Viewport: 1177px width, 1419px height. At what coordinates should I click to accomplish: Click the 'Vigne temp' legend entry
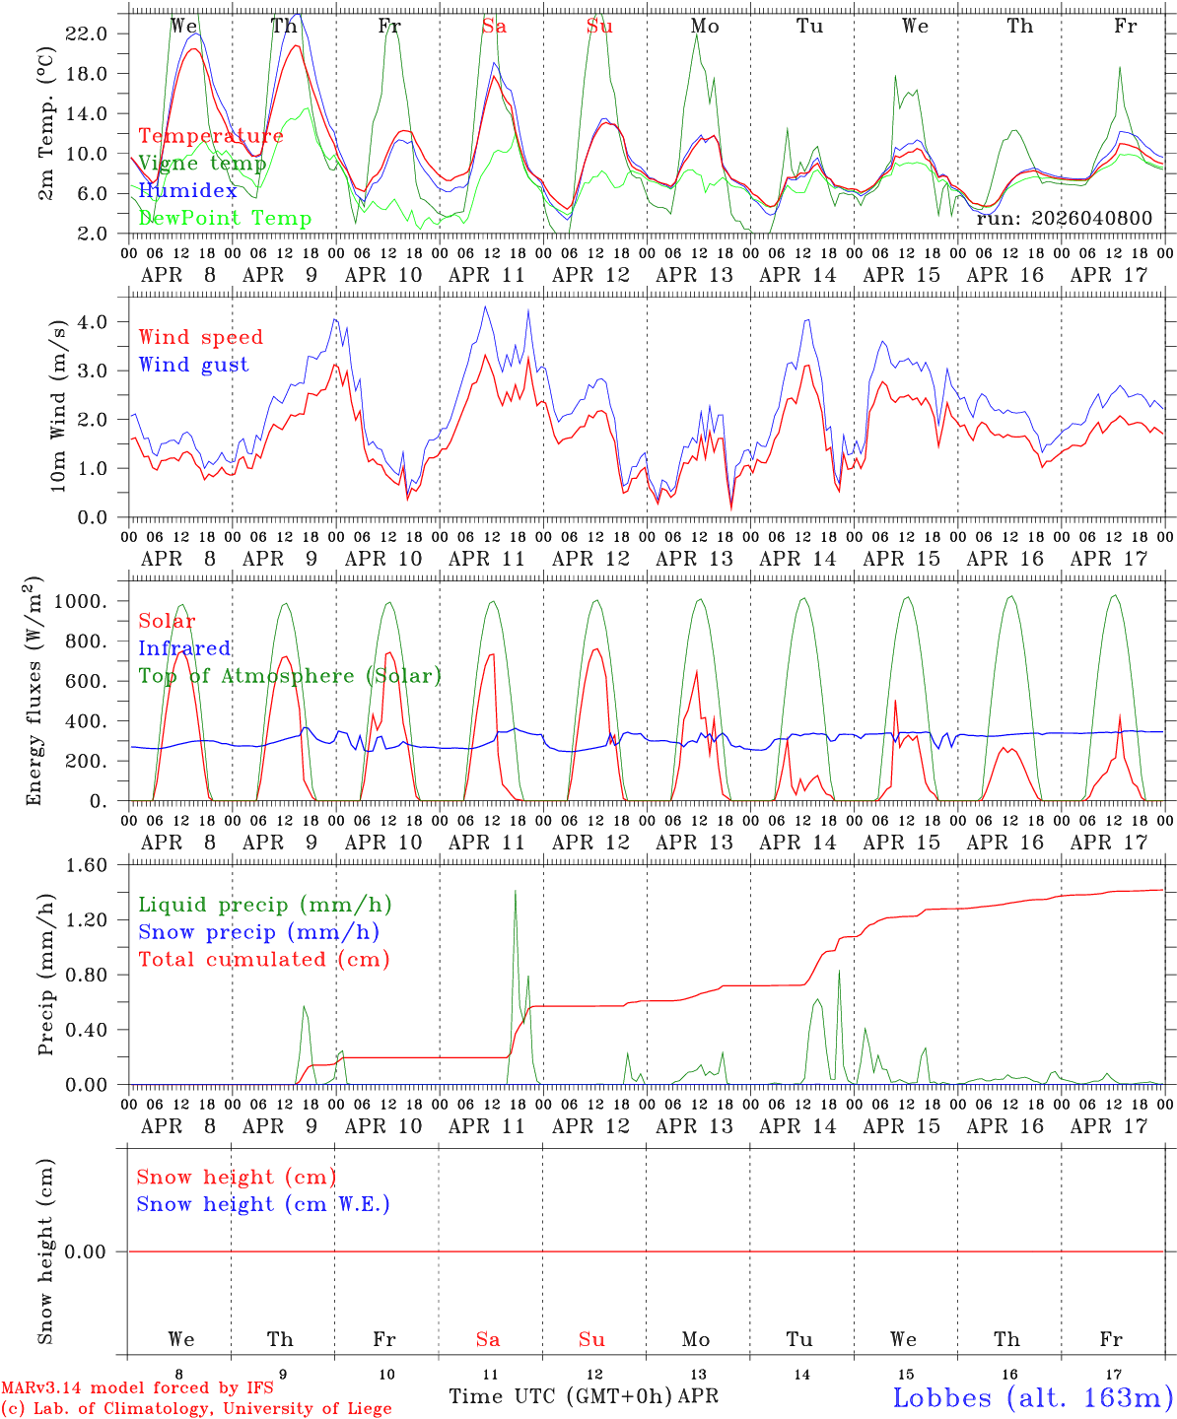(202, 164)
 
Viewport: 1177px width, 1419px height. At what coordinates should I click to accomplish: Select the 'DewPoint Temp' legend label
(225, 218)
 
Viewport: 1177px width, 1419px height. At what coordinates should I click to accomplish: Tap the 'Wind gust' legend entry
(193, 365)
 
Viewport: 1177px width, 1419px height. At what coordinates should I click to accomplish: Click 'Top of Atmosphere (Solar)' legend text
(289, 676)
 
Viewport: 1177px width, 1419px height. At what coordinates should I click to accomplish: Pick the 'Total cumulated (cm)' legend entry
(263, 959)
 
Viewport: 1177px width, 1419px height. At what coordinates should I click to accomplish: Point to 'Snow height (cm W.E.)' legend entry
(263, 1204)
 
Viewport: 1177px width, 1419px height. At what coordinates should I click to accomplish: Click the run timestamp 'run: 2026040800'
(1064, 218)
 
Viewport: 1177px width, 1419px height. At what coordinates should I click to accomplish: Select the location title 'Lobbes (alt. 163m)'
(1032, 1396)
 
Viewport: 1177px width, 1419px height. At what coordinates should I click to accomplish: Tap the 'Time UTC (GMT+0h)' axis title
(561, 1396)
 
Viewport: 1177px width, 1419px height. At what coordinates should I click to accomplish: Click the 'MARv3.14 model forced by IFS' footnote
(137, 1387)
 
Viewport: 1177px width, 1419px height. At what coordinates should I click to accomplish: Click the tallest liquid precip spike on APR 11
(515, 892)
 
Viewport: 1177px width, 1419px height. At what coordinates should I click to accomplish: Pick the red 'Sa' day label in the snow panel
(488, 1339)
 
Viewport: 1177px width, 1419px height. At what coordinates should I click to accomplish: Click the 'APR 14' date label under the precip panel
(797, 1126)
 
